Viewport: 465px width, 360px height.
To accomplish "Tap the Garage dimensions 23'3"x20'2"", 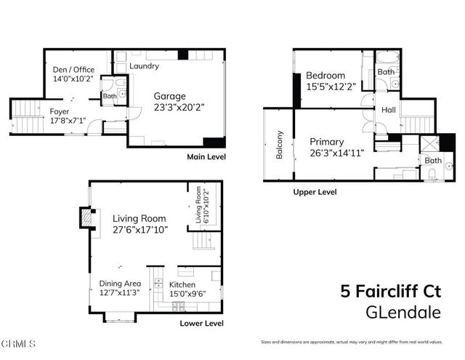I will click(178, 106).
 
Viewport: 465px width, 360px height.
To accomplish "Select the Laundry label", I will click(144, 66).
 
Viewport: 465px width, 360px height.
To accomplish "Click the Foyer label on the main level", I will click(60, 111).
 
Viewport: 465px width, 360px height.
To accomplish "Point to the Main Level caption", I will click(206, 156).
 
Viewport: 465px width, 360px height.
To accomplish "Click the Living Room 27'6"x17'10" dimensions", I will click(140, 229).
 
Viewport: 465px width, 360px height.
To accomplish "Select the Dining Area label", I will click(121, 284).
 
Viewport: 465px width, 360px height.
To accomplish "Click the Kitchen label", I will click(182, 284).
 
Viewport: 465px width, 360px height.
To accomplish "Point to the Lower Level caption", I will click(203, 323).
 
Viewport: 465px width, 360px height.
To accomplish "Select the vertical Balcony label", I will click(279, 145).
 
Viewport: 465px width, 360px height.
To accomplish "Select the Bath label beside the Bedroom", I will click(385, 72).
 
